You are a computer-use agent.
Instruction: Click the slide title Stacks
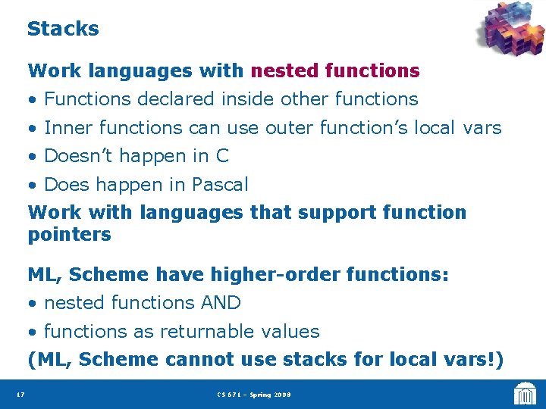point(63,29)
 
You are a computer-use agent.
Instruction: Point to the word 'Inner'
point(69,128)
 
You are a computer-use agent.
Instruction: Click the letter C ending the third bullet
point(222,156)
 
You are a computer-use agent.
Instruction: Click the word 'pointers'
point(69,235)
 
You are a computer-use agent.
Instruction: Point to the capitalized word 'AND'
point(221,303)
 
